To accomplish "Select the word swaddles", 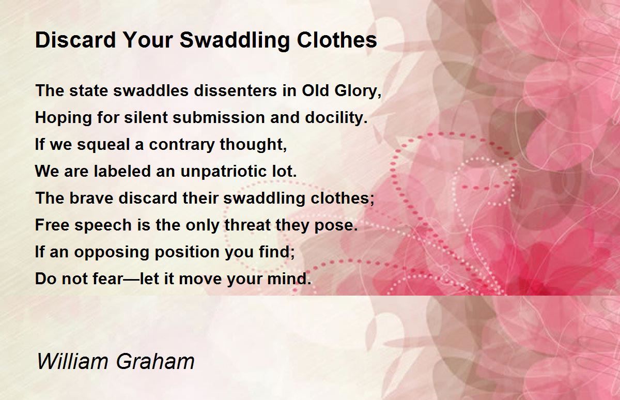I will tap(154, 91).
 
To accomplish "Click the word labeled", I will tap(118, 172).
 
